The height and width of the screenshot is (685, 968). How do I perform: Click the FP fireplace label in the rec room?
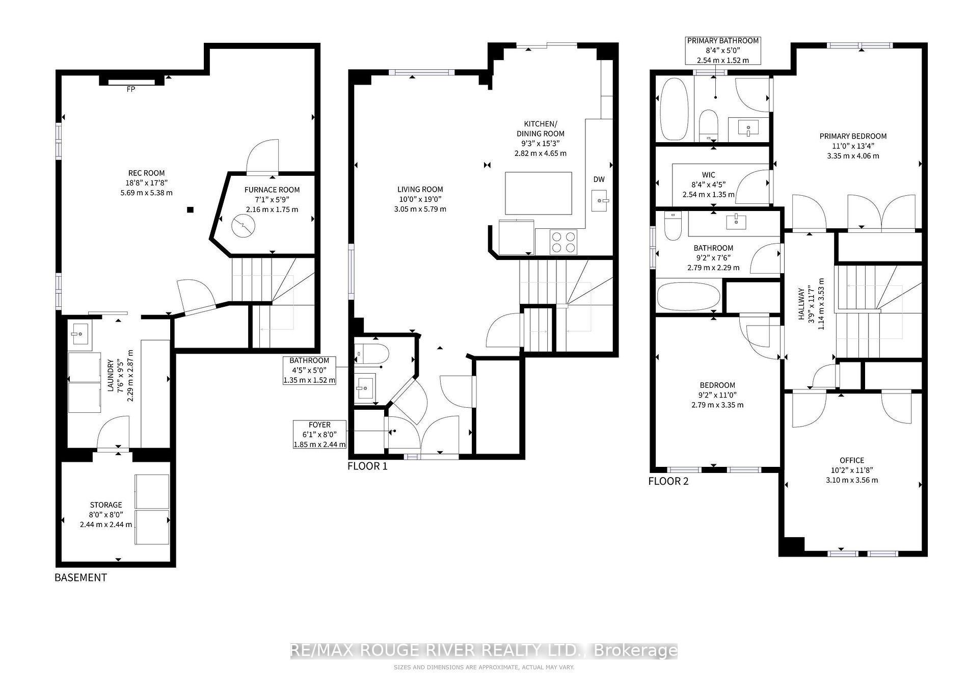[131, 89]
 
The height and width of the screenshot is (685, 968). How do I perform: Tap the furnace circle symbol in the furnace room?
[243, 225]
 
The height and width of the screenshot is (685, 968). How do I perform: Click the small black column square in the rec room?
[190, 209]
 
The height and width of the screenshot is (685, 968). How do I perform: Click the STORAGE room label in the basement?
[106, 505]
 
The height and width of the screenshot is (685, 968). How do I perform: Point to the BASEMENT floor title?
[81, 577]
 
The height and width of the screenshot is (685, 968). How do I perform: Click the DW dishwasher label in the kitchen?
[599, 179]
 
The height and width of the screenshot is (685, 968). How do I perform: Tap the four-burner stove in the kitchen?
[563, 242]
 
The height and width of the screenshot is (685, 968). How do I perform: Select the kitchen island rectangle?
[539, 193]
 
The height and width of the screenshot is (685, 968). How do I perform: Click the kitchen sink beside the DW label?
[600, 201]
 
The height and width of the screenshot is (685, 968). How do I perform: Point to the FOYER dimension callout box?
[320, 434]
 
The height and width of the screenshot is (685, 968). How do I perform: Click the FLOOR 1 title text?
[367, 466]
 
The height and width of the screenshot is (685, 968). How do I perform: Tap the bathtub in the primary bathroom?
[674, 109]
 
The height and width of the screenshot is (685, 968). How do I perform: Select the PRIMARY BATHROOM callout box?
[723, 50]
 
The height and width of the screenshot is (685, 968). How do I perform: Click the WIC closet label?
[709, 175]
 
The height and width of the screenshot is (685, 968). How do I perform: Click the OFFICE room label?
[852, 460]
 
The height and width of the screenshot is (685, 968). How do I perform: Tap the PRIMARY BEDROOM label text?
[853, 136]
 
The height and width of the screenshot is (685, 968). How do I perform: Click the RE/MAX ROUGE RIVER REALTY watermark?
[484, 651]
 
